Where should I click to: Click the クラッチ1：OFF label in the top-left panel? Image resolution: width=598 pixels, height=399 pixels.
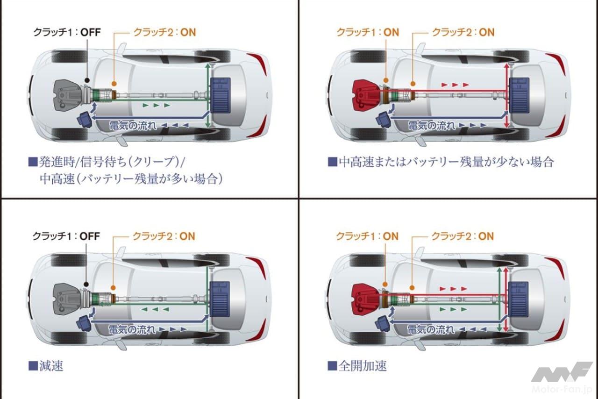[x=66, y=32]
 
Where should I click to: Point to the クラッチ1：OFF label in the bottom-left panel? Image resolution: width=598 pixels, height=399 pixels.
[x=66, y=236]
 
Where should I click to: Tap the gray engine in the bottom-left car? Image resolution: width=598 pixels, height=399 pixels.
[x=68, y=298]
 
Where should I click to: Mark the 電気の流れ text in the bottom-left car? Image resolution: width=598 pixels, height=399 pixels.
[x=131, y=329]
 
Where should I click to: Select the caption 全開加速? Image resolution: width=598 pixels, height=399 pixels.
[x=363, y=365]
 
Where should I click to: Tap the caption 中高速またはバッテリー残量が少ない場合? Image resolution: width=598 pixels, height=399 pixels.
[x=446, y=162]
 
